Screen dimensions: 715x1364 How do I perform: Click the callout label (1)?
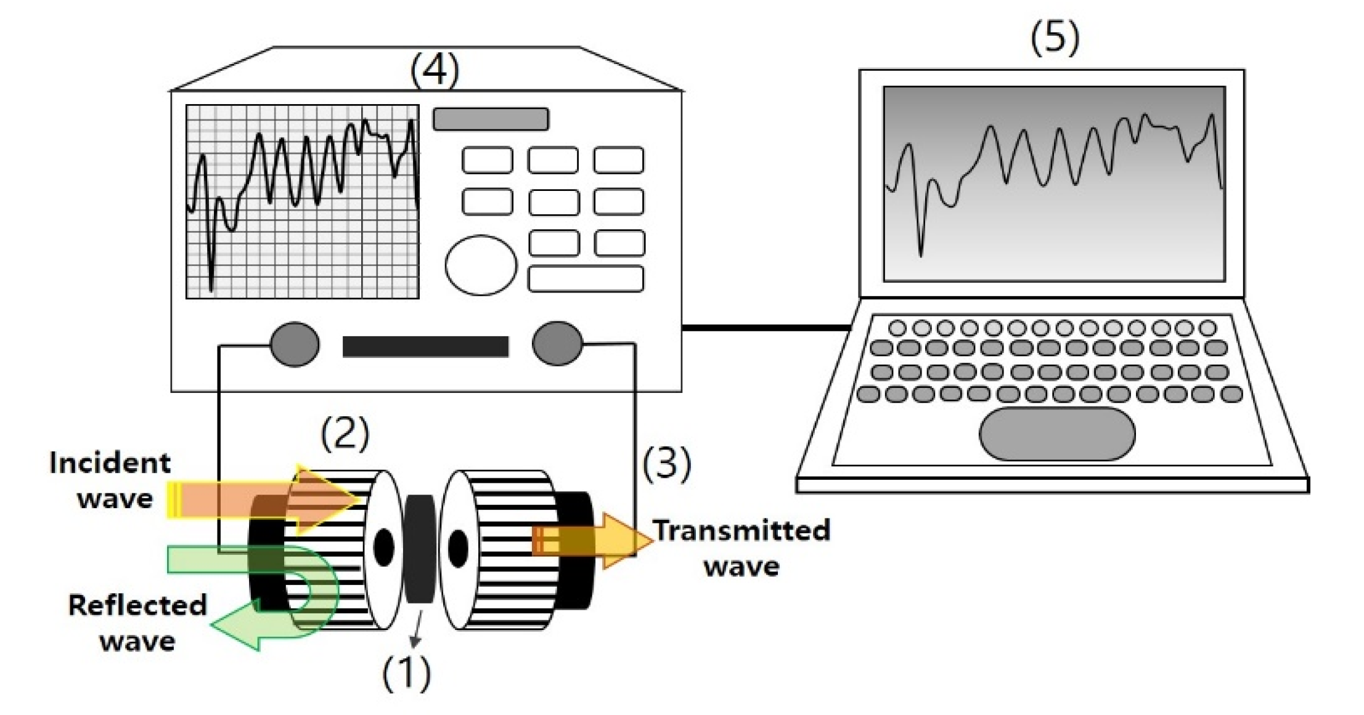(x=406, y=674)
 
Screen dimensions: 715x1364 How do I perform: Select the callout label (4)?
(x=435, y=70)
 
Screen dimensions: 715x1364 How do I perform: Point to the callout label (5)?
(x=1055, y=38)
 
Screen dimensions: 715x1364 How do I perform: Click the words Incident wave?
(x=110, y=480)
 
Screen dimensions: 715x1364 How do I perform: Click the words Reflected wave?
(x=137, y=623)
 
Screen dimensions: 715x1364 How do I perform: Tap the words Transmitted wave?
(x=741, y=547)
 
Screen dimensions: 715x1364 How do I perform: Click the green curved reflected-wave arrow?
(x=308, y=591)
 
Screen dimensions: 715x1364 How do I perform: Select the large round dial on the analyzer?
(x=481, y=265)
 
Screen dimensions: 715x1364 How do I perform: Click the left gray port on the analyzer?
(x=295, y=344)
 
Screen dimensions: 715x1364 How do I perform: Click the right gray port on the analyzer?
(x=557, y=344)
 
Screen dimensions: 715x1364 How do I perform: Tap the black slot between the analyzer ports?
(x=425, y=347)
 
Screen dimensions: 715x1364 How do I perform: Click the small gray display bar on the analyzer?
(x=491, y=119)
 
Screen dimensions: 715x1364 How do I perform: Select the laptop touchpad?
(x=1056, y=434)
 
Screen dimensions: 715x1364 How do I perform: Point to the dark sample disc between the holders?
(x=420, y=548)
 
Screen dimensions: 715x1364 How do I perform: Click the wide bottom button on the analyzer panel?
(x=586, y=278)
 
